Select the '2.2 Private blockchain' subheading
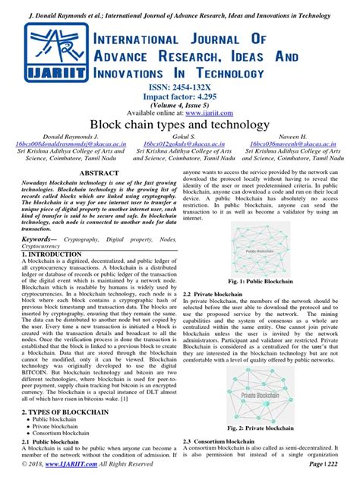pos(216,292)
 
